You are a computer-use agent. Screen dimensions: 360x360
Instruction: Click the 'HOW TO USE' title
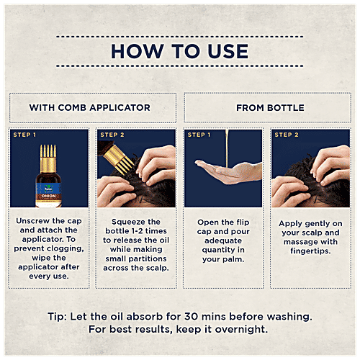180,51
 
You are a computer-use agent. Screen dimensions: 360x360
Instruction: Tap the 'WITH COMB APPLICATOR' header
90,107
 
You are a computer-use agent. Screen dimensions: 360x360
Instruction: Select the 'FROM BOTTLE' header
270,108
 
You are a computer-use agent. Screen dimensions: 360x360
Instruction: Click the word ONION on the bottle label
48,196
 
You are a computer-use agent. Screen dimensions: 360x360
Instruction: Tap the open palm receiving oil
228,171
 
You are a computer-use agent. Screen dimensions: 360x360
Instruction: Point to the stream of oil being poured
227,148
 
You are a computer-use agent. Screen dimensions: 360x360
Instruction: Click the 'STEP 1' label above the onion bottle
24,135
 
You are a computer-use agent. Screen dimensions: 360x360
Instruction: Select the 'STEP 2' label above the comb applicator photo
112,135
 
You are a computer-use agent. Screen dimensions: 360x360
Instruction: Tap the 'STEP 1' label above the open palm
199,135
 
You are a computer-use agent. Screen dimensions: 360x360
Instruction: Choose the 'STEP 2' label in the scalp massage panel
287,135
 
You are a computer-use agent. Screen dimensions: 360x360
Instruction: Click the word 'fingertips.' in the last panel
310,251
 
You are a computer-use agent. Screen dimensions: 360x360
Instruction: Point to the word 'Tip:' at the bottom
58,317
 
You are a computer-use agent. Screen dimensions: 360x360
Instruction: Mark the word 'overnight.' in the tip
241,329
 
